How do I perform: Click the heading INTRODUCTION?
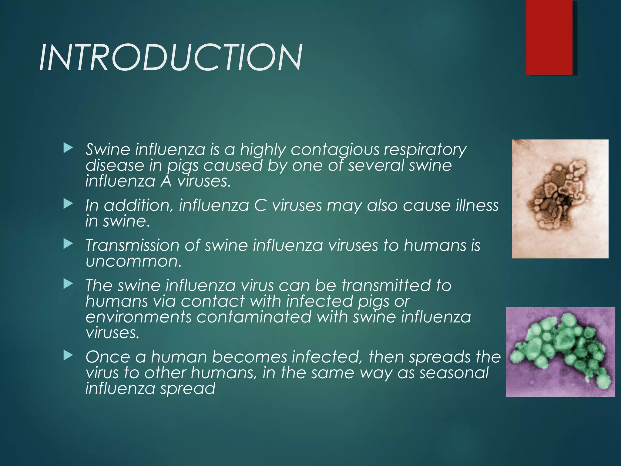point(171,58)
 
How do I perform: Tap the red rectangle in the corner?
point(549,37)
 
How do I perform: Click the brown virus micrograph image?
point(560,199)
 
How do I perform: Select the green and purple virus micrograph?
point(560,352)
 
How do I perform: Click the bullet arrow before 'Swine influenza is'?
point(68,148)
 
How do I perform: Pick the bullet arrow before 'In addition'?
point(68,204)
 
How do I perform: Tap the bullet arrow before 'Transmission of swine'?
point(68,244)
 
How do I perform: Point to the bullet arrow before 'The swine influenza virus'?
point(68,284)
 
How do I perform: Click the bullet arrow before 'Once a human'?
point(68,356)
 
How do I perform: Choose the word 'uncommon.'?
point(133,261)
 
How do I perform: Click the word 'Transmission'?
point(132,245)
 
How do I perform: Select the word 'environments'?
point(138,317)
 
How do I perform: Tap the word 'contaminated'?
point(254,317)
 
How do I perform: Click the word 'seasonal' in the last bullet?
point(454,373)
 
